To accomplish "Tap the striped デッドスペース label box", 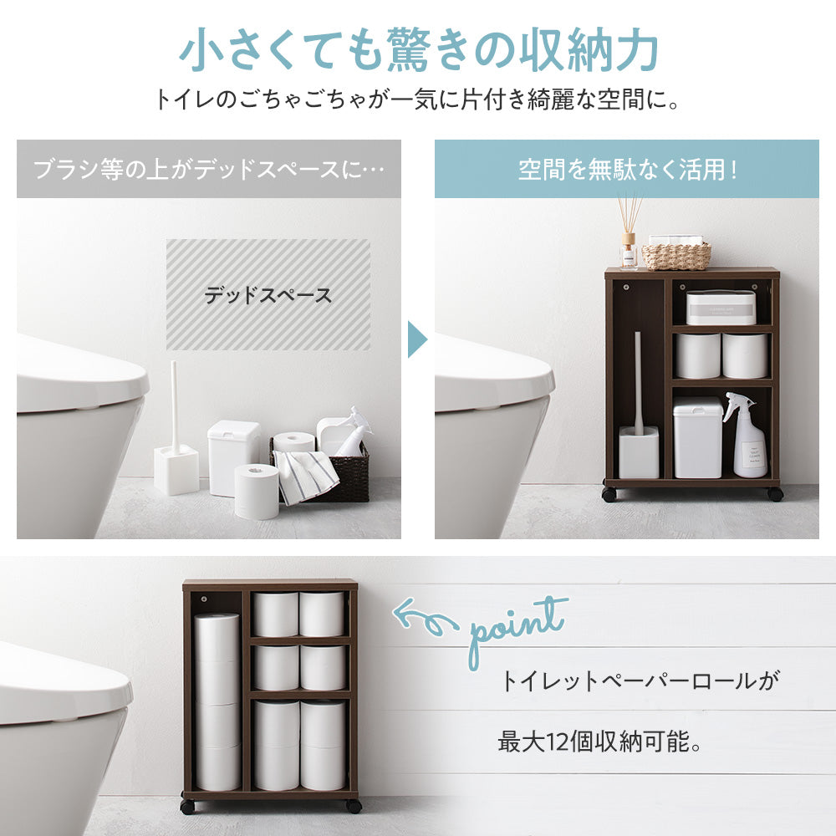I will [x=268, y=294].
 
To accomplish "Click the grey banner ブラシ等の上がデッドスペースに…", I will [x=209, y=169].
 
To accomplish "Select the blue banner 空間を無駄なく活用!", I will [x=627, y=169].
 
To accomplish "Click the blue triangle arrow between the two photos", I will [x=416, y=339].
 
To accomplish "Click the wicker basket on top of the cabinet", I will [x=675, y=255].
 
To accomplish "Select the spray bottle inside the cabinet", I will [x=748, y=439].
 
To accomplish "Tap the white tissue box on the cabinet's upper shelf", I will [x=721, y=307].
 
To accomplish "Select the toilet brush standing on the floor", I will [x=176, y=443].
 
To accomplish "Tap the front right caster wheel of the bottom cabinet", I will [x=354, y=806].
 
